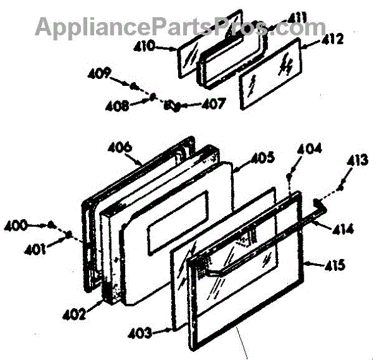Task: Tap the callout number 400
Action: (16, 224)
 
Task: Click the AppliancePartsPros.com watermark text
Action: (180, 27)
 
